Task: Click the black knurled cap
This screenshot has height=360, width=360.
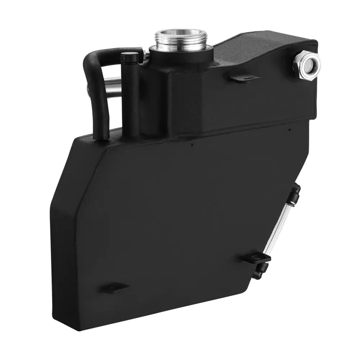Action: point(129,57)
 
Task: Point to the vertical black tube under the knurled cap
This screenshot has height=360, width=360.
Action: point(131,97)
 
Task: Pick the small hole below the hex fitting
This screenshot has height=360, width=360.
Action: point(290,129)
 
